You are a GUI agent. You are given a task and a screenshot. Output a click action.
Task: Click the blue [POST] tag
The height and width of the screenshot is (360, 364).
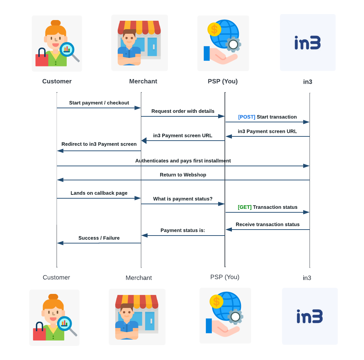pyautogui.click(x=247, y=117)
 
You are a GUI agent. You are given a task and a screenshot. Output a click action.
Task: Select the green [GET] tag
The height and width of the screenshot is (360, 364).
pyautogui.click(x=245, y=207)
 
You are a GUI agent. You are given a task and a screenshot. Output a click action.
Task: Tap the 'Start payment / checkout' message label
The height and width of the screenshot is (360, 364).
pyautogui.click(x=99, y=103)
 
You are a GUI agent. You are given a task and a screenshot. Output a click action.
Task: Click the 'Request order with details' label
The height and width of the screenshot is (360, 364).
pyautogui.click(x=183, y=111)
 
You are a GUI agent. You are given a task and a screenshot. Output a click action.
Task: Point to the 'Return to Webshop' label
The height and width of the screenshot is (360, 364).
pyautogui.click(x=183, y=175)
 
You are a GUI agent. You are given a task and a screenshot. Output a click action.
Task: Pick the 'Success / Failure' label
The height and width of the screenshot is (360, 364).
pyautogui.click(x=99, y=238)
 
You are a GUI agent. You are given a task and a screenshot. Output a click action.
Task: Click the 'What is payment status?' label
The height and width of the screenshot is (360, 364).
pyautogui.click(x=183, y=199)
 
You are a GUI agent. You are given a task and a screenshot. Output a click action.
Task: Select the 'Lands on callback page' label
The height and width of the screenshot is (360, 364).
pyautogui.click(x=99, y=193)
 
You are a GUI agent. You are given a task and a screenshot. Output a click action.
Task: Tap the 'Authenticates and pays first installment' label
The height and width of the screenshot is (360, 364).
pyautogui.click(x=183, y=161)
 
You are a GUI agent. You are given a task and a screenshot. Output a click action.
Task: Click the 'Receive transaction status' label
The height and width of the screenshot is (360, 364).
pyautogui.click(x=267, y=225)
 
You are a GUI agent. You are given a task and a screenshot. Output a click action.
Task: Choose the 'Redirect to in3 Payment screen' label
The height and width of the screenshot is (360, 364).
pyautogui.click(x=99, y=144)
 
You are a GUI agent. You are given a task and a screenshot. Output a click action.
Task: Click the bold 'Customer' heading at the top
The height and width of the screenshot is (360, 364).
pyautogui.click(x=57, y=82)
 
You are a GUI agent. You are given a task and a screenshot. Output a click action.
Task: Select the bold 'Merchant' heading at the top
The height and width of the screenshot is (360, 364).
pyautogui.click(x=143, y=82)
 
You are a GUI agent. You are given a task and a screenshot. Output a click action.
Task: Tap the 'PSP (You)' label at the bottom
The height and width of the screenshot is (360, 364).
pyautogui.click(x=225, y=277)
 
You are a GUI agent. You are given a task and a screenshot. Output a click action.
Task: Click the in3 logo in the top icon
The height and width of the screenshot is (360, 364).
pyautogui.click(x=307, y=43)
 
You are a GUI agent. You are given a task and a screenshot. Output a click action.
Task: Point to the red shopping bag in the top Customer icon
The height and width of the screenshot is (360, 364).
pyautogui.click(x=41, y=59)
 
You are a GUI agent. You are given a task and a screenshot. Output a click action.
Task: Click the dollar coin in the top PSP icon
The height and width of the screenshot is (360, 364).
pyautogui.click(x=214, y=29)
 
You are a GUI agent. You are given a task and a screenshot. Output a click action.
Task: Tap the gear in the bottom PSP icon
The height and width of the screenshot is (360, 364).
pyautogui.click(x=235, y=317)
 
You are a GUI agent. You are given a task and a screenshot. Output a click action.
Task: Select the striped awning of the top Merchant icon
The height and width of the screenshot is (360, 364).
pyautogui.click(x=139, y=27)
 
